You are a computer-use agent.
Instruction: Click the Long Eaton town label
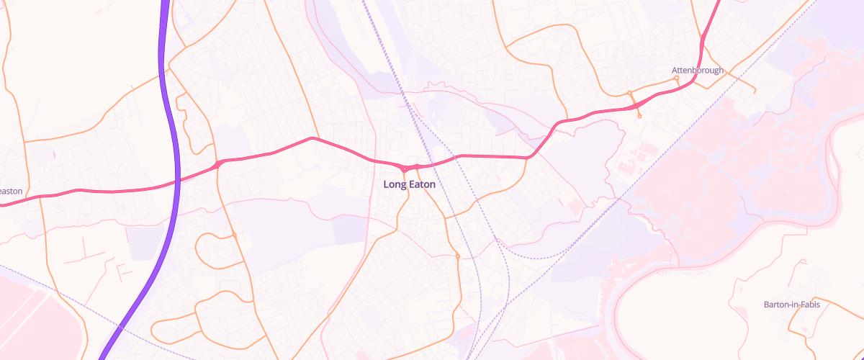pos(409,184)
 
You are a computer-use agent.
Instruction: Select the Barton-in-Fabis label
pos(791,305)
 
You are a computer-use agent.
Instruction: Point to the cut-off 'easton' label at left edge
pos(11,192)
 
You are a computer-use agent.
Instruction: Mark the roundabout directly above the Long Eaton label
pos(405,169)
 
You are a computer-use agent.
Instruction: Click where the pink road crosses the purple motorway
pos(177,181)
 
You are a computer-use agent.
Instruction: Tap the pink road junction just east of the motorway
pos(217,165)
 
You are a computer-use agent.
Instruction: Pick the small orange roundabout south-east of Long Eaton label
pos(457,256)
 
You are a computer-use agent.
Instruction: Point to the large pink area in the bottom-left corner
pos(29,317)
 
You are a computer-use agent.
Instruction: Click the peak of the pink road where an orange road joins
pos(312,138)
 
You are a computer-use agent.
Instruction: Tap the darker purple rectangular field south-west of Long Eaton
pos(348,229)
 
